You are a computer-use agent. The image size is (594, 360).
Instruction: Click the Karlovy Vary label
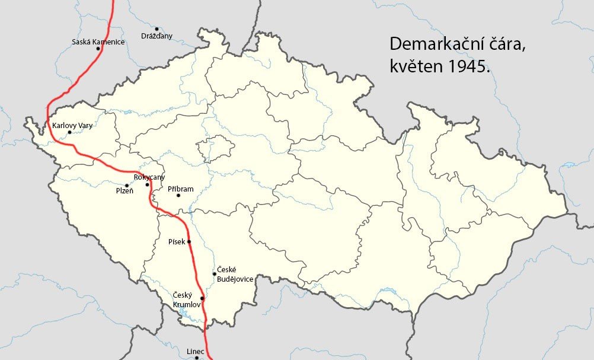[x=72, y=125]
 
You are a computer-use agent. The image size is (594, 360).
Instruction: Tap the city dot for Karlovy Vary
[x=69, y=132]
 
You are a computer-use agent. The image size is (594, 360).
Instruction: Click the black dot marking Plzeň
[x=126, y=186]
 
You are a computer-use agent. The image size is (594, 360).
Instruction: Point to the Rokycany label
[x=149, y=177]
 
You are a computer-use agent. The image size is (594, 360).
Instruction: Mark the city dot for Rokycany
[x=148, y=184]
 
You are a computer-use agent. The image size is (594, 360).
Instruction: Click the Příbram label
[x=180, y=189]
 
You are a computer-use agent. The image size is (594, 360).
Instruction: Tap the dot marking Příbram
[x=178, y=212]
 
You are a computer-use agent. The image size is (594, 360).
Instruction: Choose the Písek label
[x=177, y=242]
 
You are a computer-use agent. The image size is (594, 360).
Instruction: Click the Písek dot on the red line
[x=189, y=242]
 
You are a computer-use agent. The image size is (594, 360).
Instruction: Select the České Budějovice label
[x=235, y=275]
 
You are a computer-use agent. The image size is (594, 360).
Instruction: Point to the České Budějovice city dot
[x=214, y=274]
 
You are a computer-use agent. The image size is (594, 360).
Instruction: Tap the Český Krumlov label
[x=186, y=300]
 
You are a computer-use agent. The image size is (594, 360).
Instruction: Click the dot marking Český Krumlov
[x=202, y=298]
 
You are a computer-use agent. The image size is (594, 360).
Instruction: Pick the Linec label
[x=195, y=352]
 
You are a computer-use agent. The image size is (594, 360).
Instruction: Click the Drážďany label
[x=157, y=36]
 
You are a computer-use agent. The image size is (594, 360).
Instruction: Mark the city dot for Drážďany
[x=157, y=28]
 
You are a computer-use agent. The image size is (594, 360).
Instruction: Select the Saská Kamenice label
[x=98, y=42]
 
